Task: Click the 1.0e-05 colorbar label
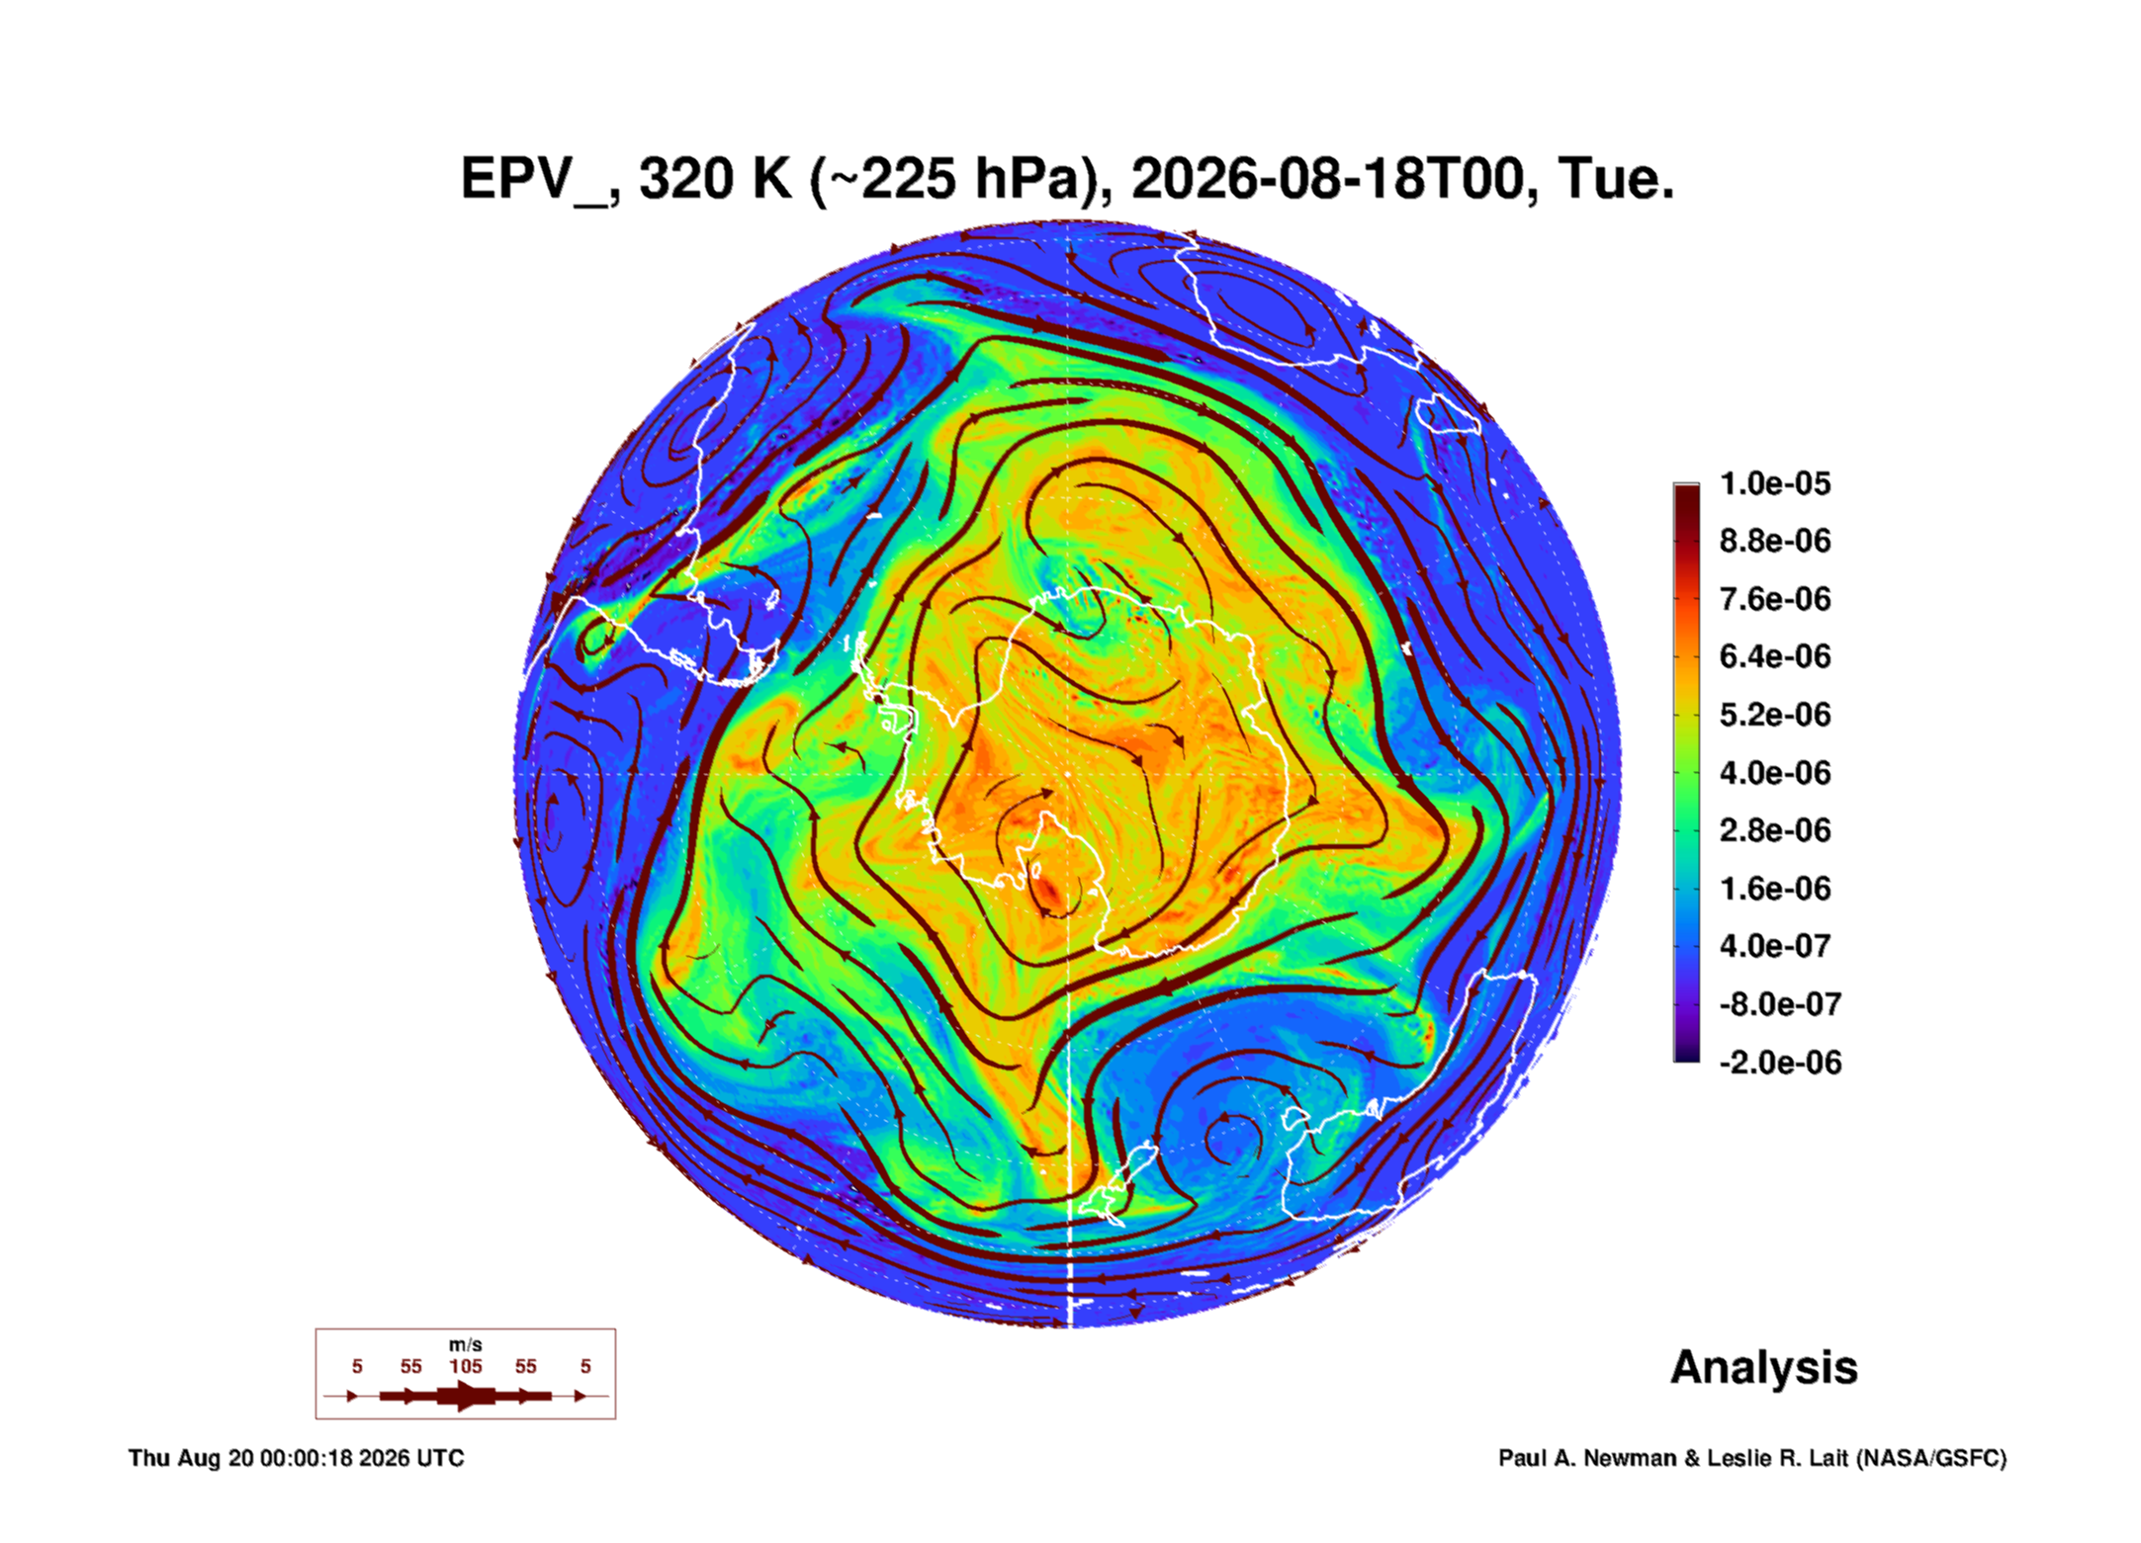(1775, 483)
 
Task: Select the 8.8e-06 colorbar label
(1775, 541)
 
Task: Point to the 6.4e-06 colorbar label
(1775, 656)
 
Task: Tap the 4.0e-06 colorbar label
(1775, 772)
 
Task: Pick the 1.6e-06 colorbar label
(1775, 888)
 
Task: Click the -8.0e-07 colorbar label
(1780, 1004)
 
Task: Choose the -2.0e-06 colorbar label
(1780, 1063)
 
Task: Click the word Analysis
(1764, 1368)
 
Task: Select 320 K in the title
(716, 179)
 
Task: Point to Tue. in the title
(1616, 179)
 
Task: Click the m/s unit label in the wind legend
(466, 1344)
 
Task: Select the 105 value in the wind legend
(466, 1366)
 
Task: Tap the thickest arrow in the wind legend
(466, 1396)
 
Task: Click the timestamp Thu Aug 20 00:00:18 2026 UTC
(297, 1458)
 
